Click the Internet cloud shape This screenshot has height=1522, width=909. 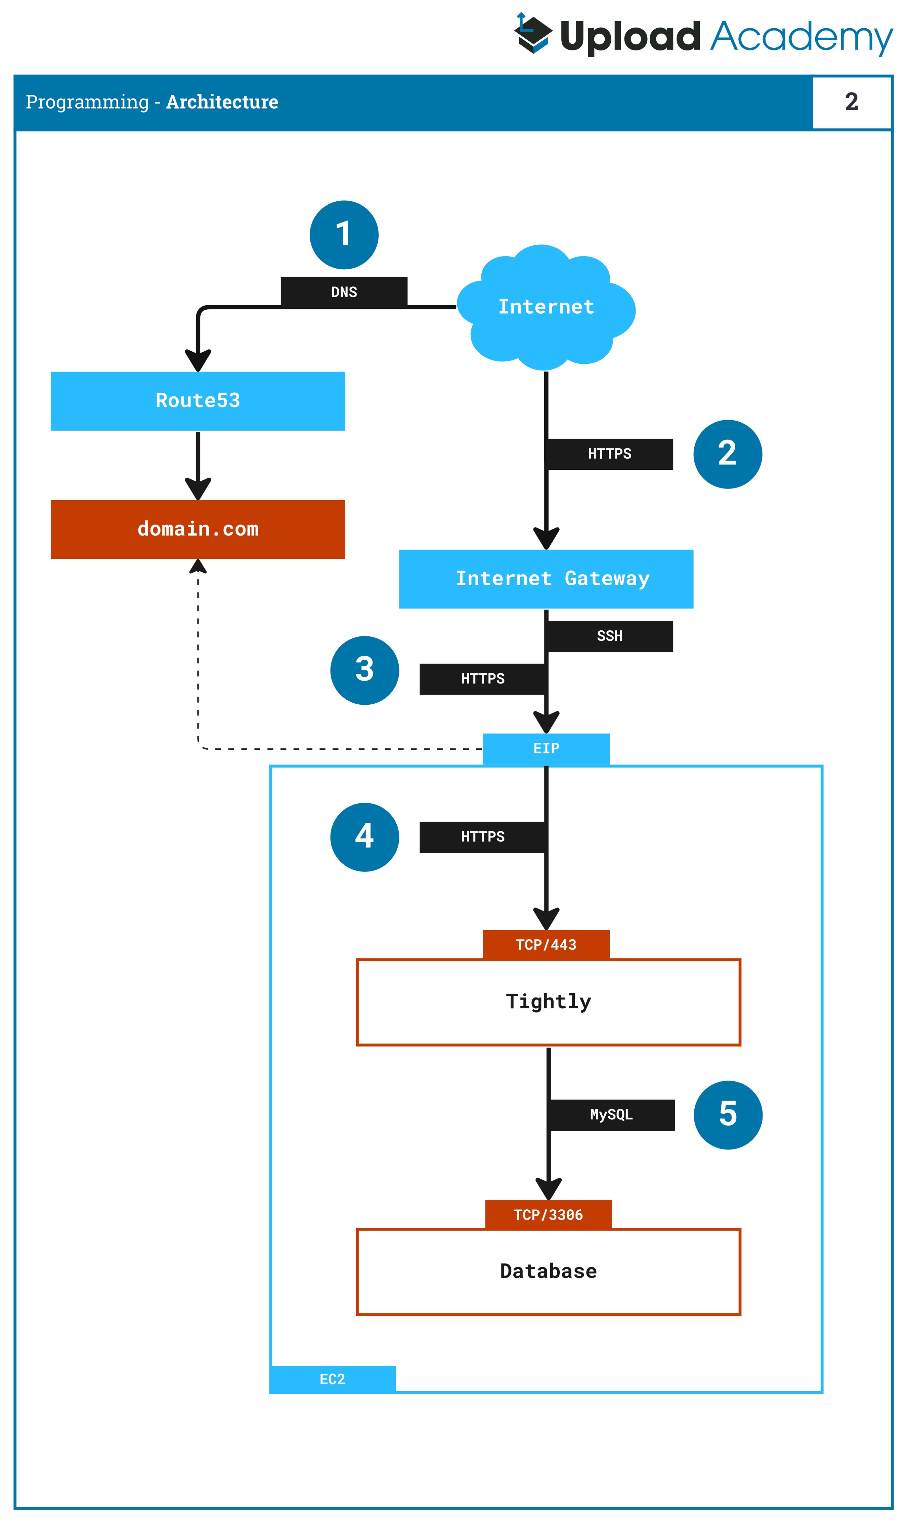(x=546, y=307)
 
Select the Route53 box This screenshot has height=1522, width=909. (x=198, y=401)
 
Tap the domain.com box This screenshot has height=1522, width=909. (x=198, y=529)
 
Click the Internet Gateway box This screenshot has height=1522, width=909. (x=546, y=579)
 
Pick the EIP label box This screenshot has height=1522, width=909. (x=546, y=748)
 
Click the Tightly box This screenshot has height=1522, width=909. (x=548, y=1002)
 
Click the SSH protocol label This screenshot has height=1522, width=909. (x=609, y=636)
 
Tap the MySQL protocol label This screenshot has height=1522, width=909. (x=611, y=1115)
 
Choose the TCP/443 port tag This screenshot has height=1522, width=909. (x=546, y=945)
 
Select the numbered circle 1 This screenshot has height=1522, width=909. (x=344, y=235)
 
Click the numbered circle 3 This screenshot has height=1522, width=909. (x=364, y=670)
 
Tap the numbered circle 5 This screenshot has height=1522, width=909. (x=728, y=1115)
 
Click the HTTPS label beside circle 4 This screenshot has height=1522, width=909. (x=483, y=837)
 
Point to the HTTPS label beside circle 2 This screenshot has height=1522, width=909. (x=609, y=454)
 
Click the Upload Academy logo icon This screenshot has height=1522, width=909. (x=532, y=34)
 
